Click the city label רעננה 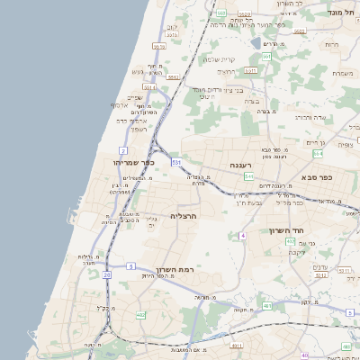(x=240, y=165)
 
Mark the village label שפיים (x=134, y=97)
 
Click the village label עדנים (x=321, y=266)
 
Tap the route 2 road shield (x=122, y=149)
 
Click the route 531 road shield (x=176, y=161)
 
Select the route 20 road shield (x=107, y=274)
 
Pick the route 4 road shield (x=242, y=236)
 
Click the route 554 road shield (x=247, y=176)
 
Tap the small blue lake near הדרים (x=257, y=43)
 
